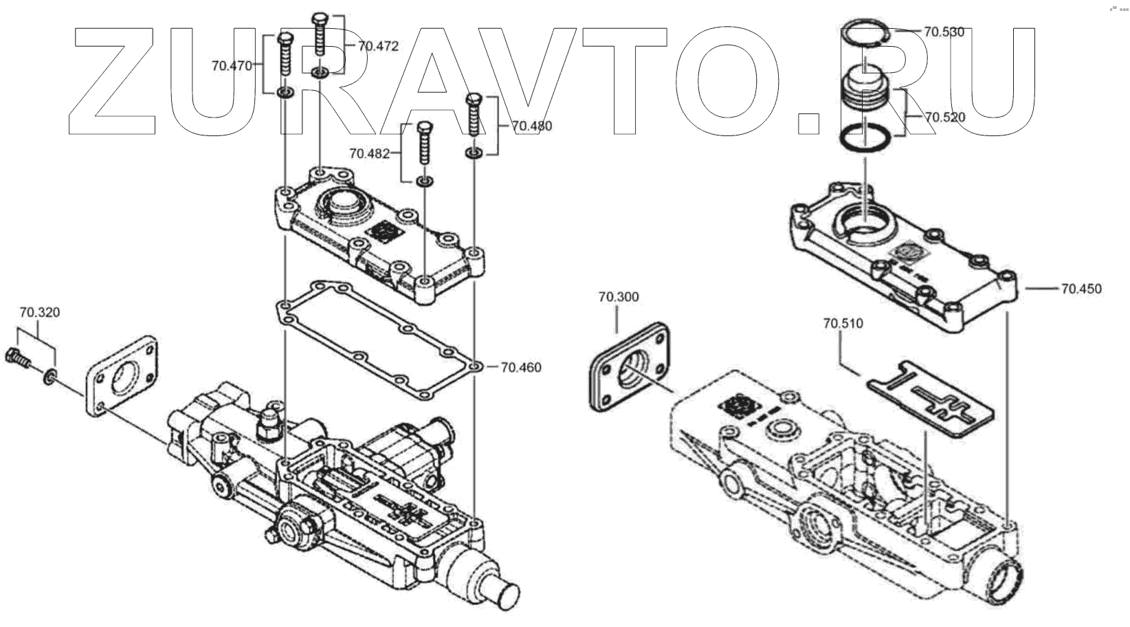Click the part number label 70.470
click(232, 66)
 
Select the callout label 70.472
click(378, 46)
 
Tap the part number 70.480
click(531, 126)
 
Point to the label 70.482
click(370, 153)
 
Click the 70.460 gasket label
click(520, 367)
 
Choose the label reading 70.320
click(39, 313)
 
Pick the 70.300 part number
click(618, 297)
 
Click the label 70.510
click(843, 323)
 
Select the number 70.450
click(1081, 289)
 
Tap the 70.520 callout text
click(944, 117)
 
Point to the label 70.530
click(944, 32)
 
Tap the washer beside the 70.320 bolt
click(49, 377)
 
